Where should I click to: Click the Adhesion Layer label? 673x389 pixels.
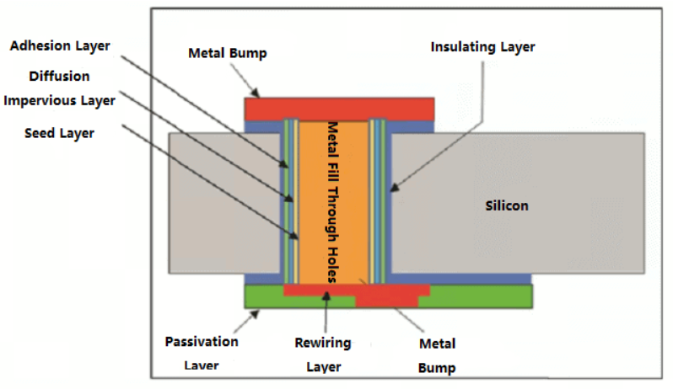[60, 45]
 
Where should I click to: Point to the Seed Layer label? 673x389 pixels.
[59, 133]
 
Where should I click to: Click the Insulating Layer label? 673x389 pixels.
[482, 46]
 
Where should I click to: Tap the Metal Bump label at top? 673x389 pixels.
[227, 53]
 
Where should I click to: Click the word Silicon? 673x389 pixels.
[507, 205]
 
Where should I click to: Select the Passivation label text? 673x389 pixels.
[202, 343]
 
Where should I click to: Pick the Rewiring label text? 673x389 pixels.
[323, 343]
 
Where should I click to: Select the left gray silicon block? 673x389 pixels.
[223, 202]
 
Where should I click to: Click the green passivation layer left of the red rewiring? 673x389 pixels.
[261, 296]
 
